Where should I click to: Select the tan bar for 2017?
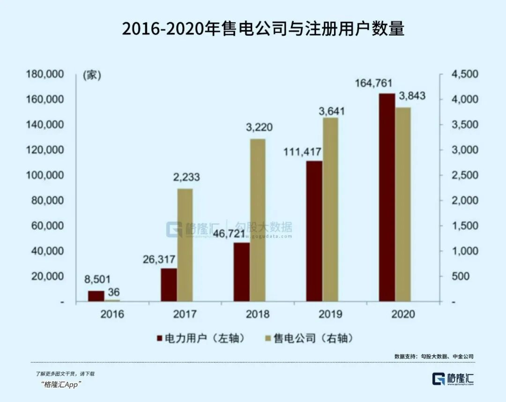[x=185, y=246]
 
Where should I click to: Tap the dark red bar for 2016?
[x=96, y=297]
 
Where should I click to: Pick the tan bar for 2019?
[x=330, y=210]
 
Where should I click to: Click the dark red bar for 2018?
[x=242, y=272]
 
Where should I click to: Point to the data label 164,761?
[x=376, y=84]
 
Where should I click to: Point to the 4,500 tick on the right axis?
[x=462, y=74]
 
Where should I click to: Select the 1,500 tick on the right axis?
[x=462, y=226]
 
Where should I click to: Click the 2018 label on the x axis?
[x=257, y=314]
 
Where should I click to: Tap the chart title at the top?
[x=263, y=29]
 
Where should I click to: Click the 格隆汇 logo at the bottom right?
[x=453, y=379]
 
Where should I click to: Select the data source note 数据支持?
[x=434, y=357]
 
